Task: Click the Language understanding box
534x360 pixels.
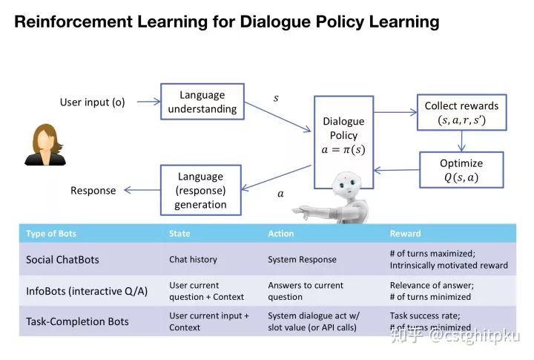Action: pos(202,102)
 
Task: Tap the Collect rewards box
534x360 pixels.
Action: pos(461,113)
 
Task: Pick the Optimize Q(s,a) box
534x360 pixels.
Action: pos(461,170)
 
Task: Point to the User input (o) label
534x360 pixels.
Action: pos(93,102)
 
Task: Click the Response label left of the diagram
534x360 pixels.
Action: pos(93,191)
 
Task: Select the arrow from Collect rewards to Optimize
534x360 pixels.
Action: pos(461,141)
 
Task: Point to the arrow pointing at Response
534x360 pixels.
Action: pos(141,191)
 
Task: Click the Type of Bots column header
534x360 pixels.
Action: pos(51,233)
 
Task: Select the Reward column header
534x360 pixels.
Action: pos(405,233)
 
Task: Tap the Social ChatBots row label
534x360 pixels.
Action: pos(62,260)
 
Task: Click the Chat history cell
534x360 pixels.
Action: pos(193,260)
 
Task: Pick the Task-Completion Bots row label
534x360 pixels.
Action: pos(77,321)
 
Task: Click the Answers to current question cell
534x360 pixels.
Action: pos(306,290)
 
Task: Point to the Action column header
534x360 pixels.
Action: pos(281,233)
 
